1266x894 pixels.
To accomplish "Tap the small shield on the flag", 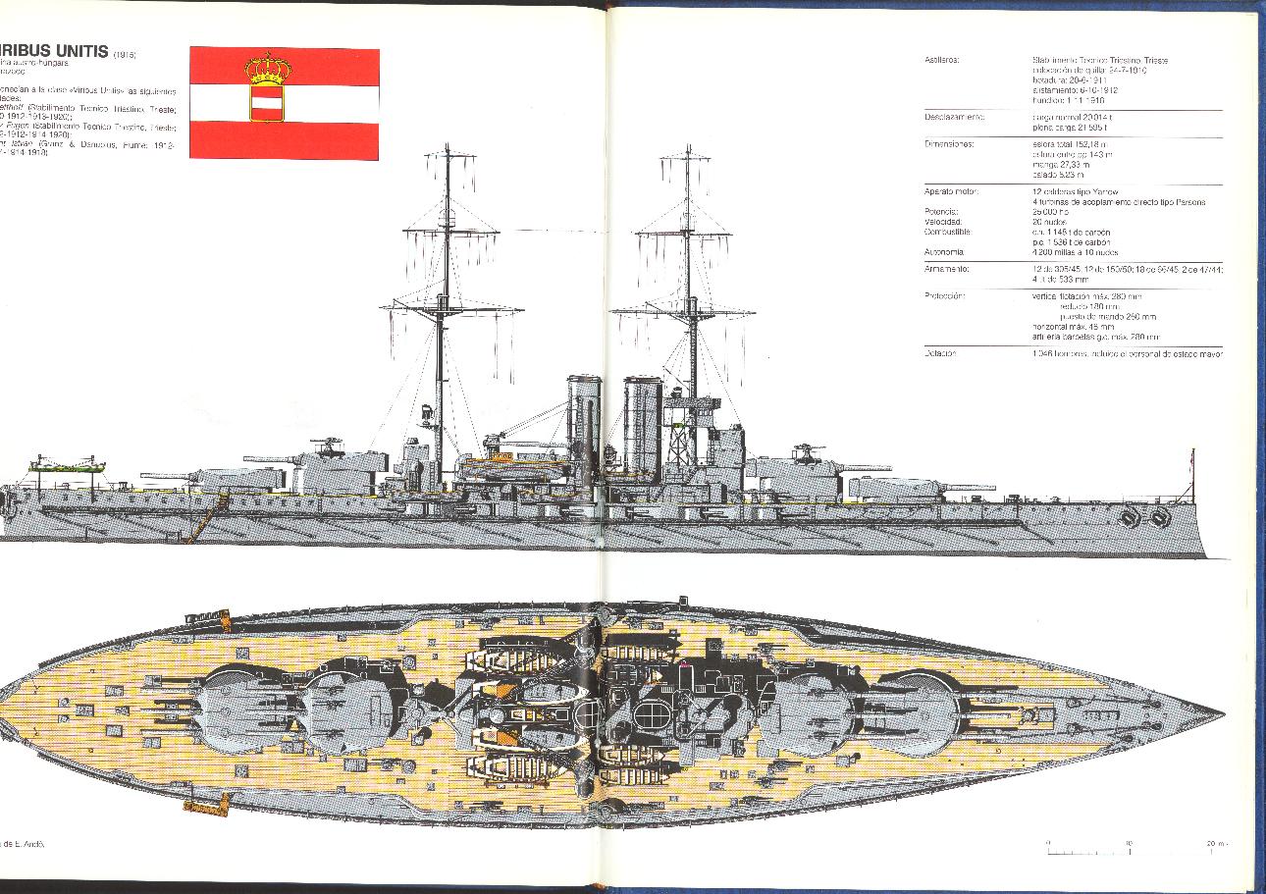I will (x=267, y=102).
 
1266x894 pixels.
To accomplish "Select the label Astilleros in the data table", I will (x=942, y=61).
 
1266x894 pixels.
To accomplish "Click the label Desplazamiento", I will (x=954, y=116).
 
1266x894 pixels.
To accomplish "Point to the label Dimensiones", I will (x=948, y=143).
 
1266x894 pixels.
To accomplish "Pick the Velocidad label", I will (x=943, y=222).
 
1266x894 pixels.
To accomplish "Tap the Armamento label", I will (x=947, y=268).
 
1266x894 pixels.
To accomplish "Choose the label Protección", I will (x=945, y=295).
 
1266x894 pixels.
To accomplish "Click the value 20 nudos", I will (x=1050, y=222).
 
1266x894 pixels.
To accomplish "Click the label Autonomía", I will (x=945, y=251).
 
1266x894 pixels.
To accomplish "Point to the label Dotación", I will (x=940, y=353).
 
